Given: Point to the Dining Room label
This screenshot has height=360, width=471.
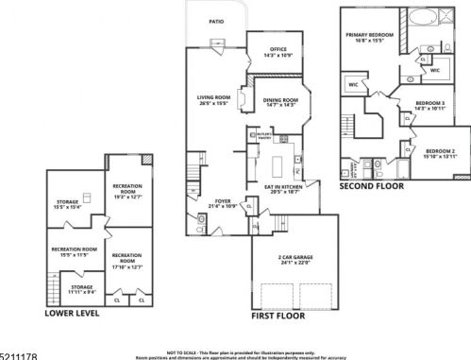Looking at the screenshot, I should (x=280, y=101).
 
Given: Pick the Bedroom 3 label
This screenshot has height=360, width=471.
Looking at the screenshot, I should (x=429, y=106).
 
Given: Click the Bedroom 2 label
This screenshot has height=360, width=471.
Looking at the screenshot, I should (x=440, y=153).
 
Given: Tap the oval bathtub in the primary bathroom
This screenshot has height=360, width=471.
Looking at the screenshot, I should (x=419, y=16).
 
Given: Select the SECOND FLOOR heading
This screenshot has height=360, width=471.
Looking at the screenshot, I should (x=371, y=186).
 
